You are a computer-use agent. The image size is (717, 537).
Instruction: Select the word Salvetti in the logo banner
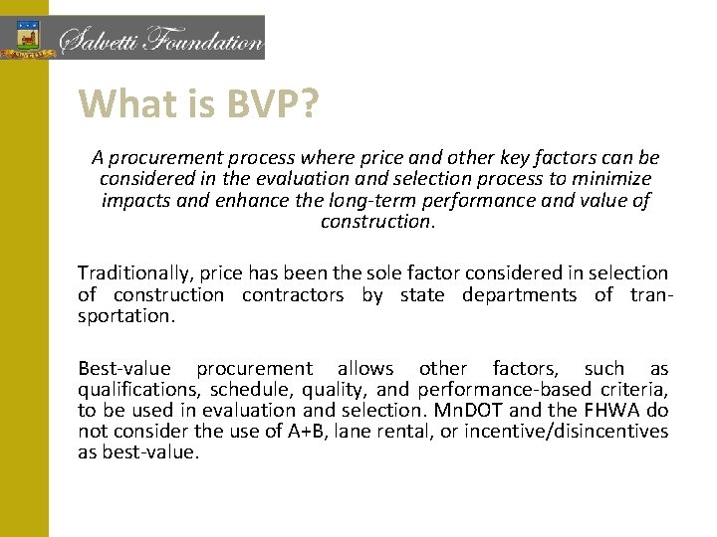tap(101, 41)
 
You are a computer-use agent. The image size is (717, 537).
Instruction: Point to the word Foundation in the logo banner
tap(204, 42)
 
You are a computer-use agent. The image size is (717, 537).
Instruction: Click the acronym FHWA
tap(611, 410)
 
